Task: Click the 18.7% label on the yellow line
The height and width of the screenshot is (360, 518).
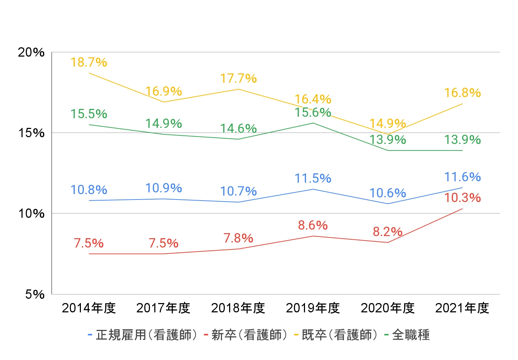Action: (x=89, y=62)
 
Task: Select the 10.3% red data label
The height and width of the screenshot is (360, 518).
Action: (x=462, y=198)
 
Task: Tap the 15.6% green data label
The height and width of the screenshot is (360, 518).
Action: (x=313, y=112)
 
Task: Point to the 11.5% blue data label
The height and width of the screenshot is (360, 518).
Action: (x=313, y=178)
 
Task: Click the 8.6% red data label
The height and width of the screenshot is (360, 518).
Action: (x=313, y=225)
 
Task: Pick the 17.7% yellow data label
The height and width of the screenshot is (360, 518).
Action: (x=238, y=78)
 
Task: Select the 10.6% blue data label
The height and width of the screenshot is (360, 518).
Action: (x=388, y=193)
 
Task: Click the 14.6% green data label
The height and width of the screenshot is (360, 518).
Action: (x=238, y=128)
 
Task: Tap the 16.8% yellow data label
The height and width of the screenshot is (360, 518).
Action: (x=462, y=93)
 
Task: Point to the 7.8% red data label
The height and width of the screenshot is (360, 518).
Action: (x=238, y=238)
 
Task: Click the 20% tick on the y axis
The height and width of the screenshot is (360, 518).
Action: (x=31, y=52)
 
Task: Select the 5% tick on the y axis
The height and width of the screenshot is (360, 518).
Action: (x=35, y=294)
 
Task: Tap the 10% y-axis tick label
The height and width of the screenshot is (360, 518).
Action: (x=31, y=213)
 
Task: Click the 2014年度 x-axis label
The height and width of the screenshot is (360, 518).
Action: (x=89, y=308)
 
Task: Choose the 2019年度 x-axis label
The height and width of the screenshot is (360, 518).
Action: (x=313, y=308)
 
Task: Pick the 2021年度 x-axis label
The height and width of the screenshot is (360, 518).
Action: (x=462, y=308)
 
